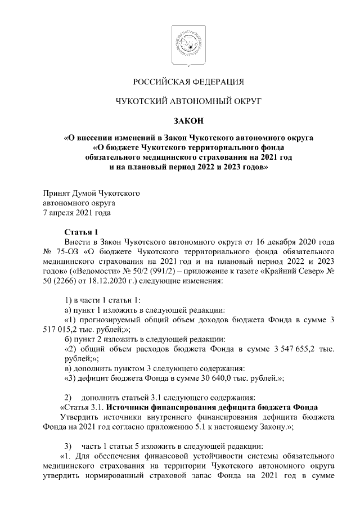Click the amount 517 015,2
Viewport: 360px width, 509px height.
click(64, 329)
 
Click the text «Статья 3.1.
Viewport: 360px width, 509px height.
click(81, 407)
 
